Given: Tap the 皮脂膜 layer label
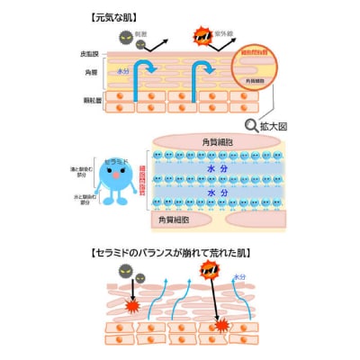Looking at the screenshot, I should click(88, 54).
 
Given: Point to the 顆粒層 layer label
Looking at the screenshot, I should click(88, 102).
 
